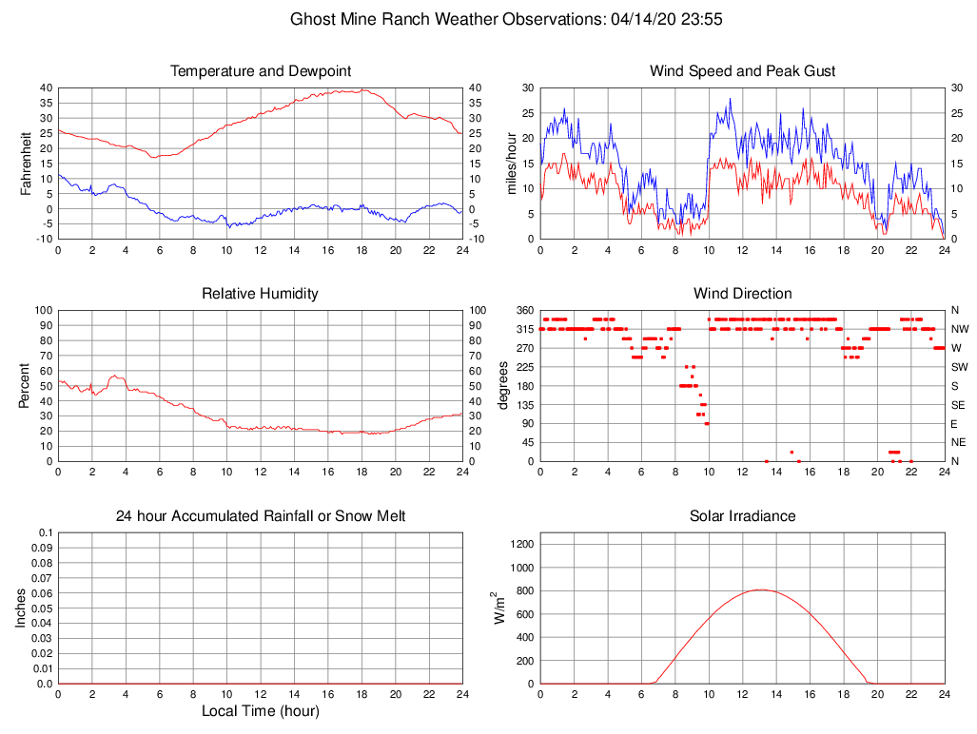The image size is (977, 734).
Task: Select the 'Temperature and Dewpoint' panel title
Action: [x=261, y=71]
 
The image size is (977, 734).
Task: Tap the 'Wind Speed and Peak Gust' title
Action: [x=742, y=71]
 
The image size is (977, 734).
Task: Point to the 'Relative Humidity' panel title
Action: [x=261, y=294]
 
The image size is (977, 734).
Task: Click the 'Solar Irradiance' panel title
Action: [x=742, y=516]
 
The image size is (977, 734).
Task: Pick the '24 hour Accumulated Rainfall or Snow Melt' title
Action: [x=261, y=516]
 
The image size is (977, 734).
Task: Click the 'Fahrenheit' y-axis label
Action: [x=26, y=164]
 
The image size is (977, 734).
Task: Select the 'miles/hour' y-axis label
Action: [x=511, y=164]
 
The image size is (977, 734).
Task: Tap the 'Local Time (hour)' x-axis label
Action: [x=261, y=711]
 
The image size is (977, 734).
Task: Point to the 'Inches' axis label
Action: [x=22, y=608]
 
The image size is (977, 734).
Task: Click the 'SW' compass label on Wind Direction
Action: [x=959, y=367]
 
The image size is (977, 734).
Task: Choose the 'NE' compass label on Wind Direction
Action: [x=959, y=443]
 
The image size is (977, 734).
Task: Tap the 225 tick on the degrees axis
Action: [x=525, y=367]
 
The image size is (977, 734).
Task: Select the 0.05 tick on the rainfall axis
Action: [x=41, y=608]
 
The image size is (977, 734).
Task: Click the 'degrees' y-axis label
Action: [x=504, y=386]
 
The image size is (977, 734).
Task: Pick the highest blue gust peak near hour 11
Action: [x=731, y=98]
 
